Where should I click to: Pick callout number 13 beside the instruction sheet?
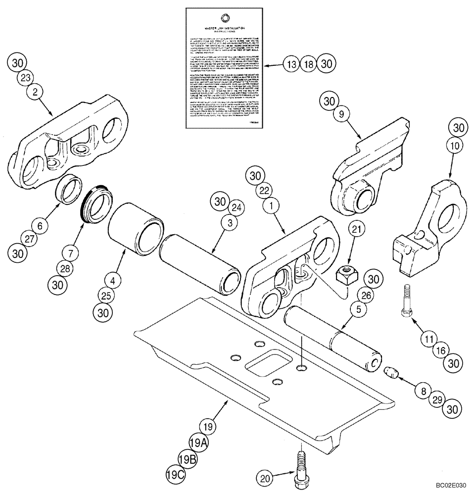coord(292,64)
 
